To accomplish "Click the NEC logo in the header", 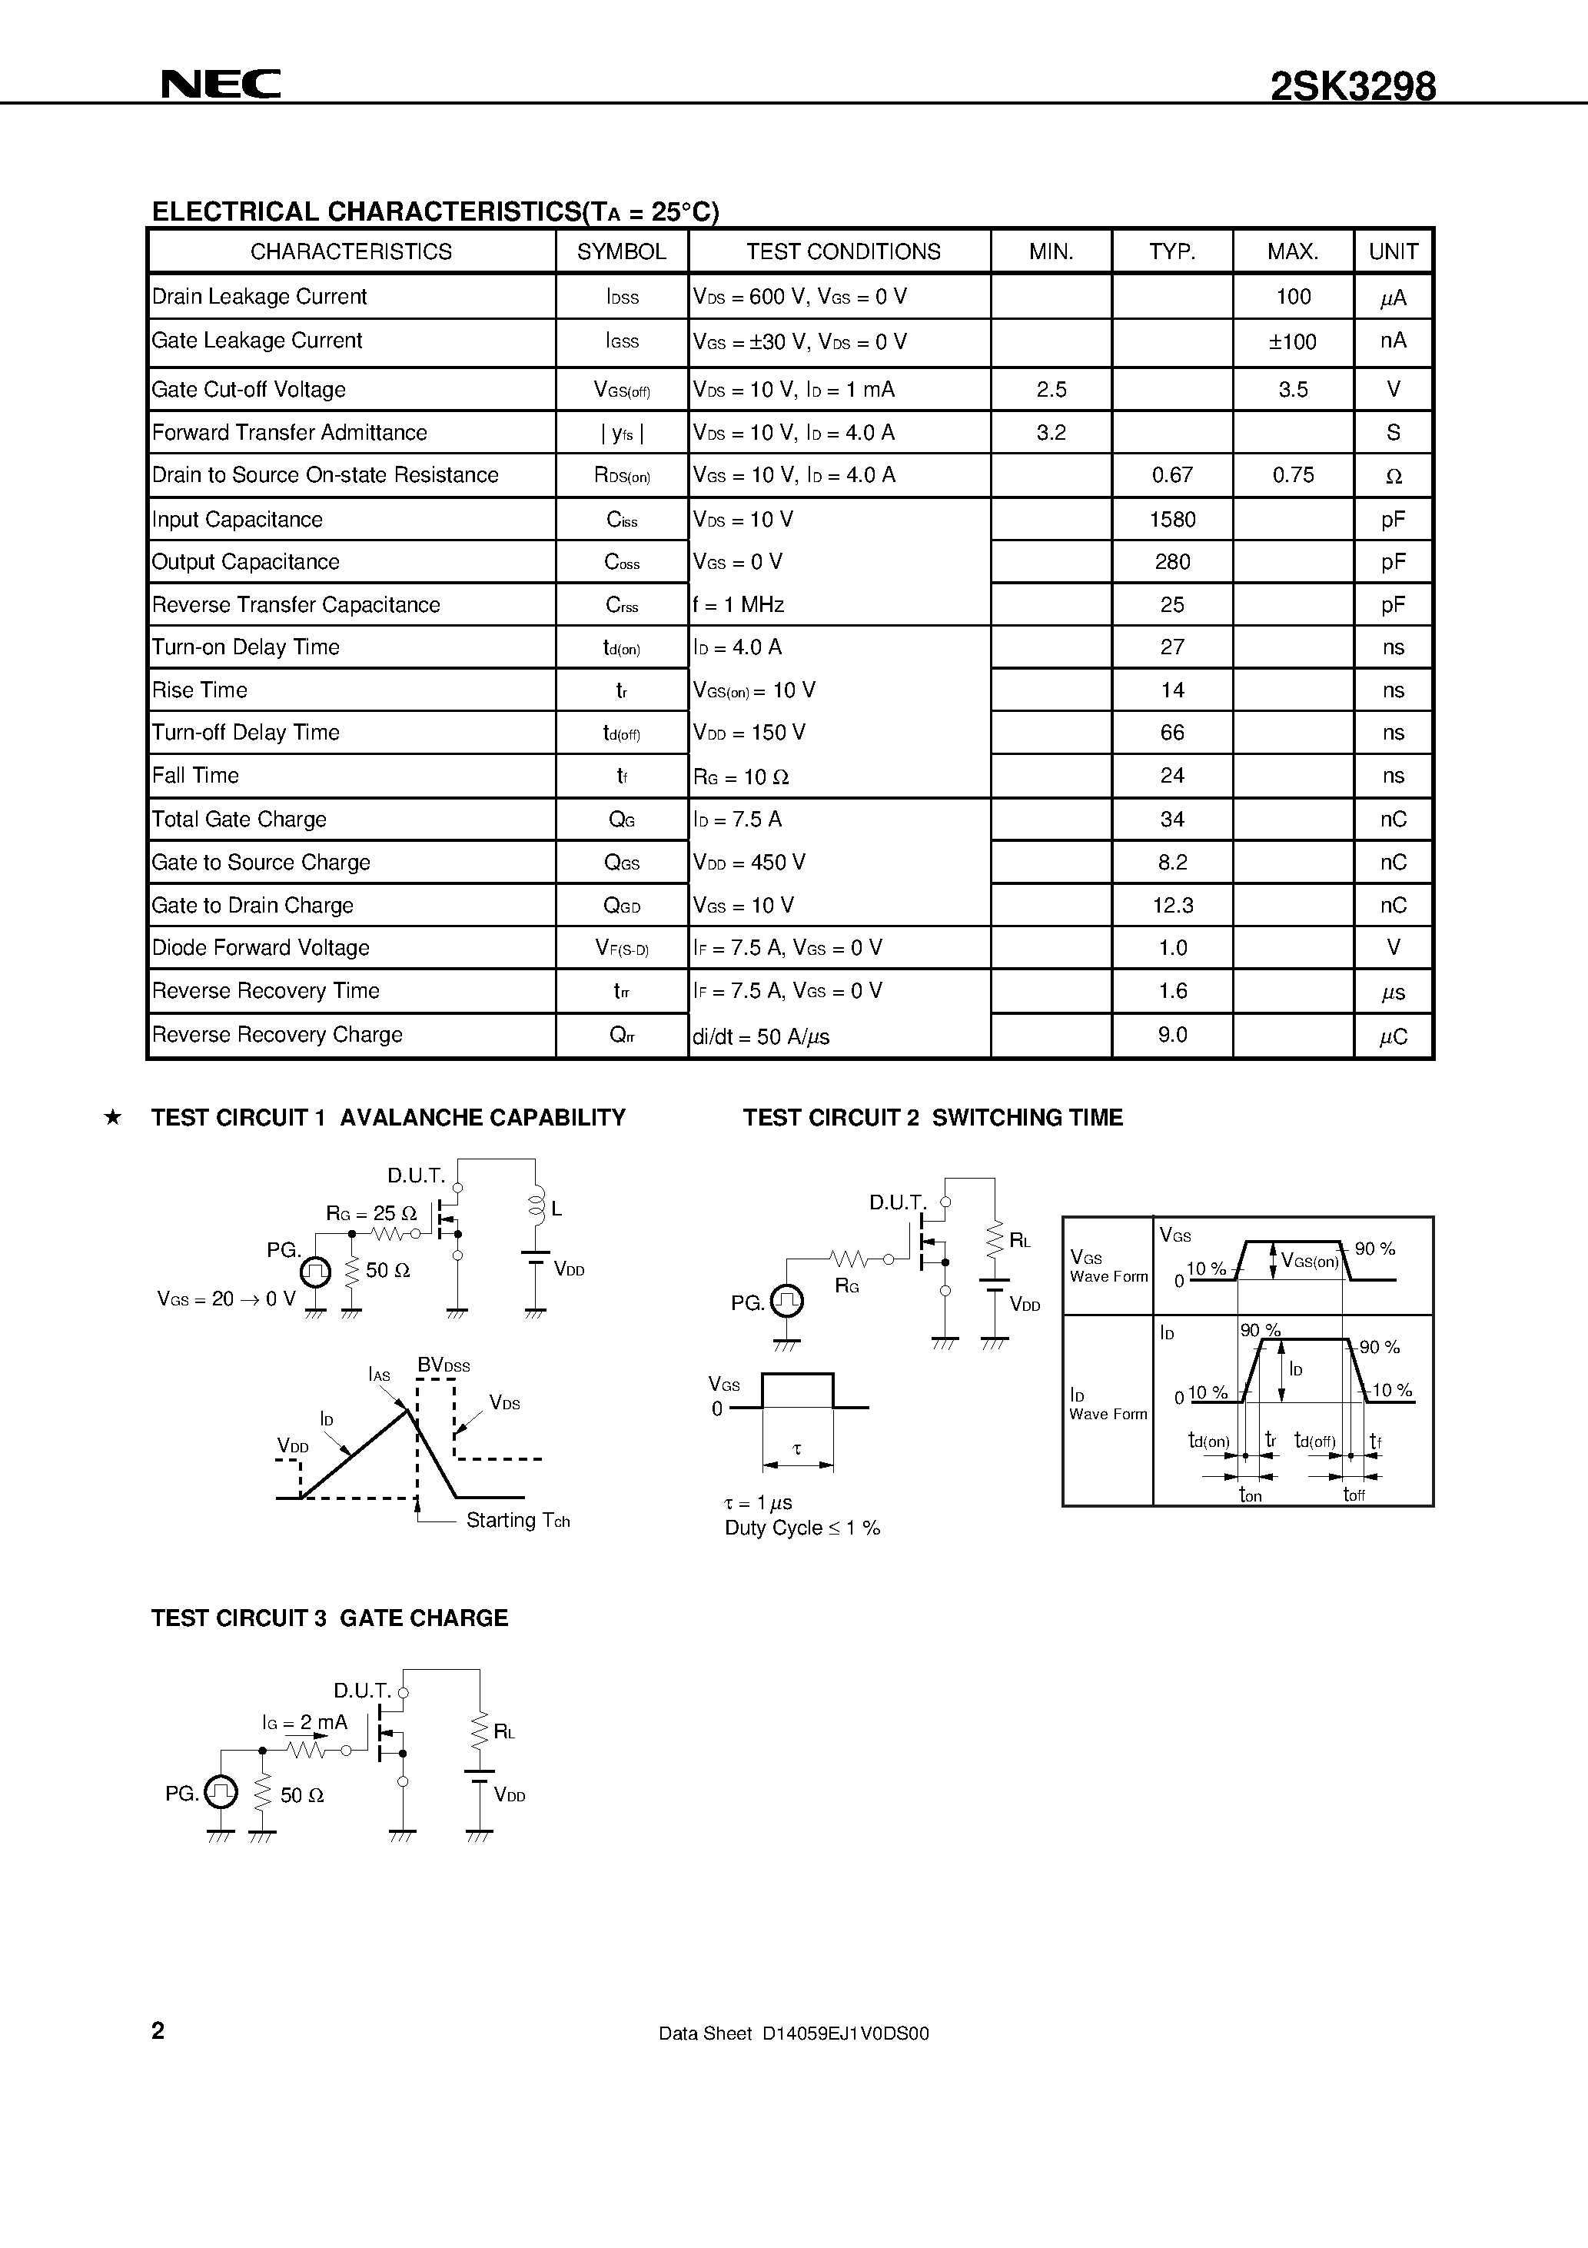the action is (x=221, y=85).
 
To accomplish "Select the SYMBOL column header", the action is (x=621, y=251).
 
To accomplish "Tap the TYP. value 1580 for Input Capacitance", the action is (x=1172, y=520).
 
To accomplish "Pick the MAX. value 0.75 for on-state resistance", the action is (x=1292, y=476).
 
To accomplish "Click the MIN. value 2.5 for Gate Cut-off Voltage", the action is (x=1051, y=390).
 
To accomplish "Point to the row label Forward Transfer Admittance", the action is (x=290, y=433).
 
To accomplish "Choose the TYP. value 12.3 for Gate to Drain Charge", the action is (x=1172, y=906).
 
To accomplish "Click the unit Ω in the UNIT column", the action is (x=1394, y=477).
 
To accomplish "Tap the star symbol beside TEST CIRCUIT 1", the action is (x=112, y=1117).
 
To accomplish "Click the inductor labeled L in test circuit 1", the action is (x=536, y=1206).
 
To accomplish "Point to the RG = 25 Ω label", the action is (x=371, y=1214).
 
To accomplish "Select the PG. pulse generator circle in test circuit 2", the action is (x=787, y=1302).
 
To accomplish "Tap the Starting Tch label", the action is (x=517, y=1521).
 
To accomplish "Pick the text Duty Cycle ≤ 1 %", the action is (x=802, y=1528).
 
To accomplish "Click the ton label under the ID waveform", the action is (x=1251, y=1495).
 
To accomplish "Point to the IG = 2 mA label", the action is (x=304, y=1722).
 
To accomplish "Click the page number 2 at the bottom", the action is (x=158, y=2030).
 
